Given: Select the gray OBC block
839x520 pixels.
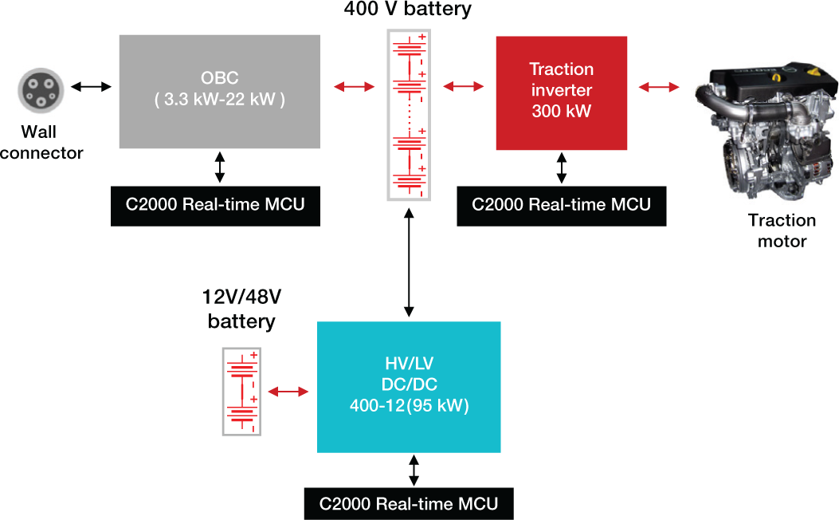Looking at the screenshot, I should pos(220,92).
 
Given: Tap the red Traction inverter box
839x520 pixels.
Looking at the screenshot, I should pos(561,93).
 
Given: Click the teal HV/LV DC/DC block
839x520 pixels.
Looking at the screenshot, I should pos(409,387).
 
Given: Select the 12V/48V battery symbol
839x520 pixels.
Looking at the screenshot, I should pos(241,392).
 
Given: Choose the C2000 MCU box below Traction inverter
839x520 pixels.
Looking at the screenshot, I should pos(561,205).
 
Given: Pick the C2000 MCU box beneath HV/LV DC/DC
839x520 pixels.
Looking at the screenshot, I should pos(409,504).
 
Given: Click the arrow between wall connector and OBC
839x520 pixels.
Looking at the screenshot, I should pos(90,86).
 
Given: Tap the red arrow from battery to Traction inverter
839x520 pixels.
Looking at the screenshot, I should pos(463,86).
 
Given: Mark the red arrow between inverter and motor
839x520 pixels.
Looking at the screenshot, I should pos(658,86).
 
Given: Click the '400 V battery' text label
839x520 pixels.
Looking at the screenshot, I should pos(408,10).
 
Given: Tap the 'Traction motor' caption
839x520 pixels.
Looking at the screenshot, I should pos(782,230).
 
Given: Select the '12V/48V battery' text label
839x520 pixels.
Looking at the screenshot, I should pos(241,309).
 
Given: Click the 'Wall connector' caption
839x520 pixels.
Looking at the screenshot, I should pos(41,142).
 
